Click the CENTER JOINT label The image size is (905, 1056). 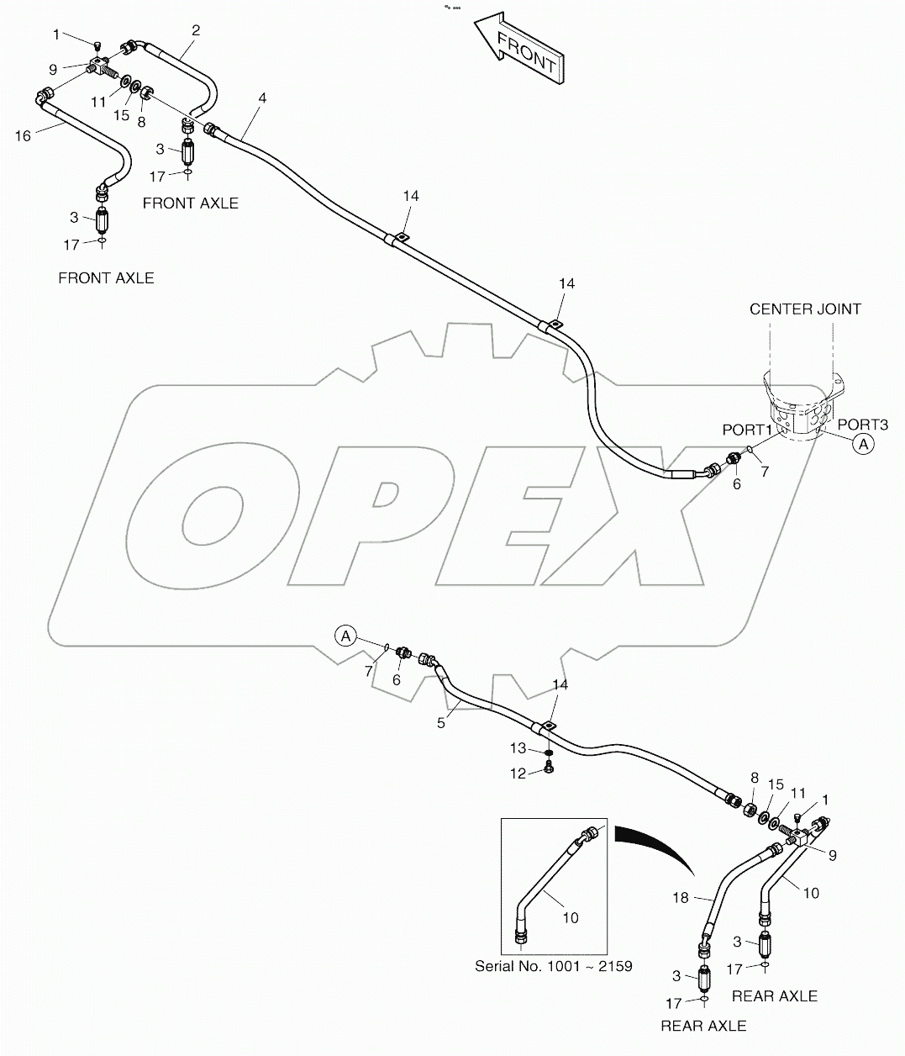click(805, 309)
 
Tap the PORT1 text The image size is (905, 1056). click(746, 430)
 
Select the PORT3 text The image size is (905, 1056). click(861, 425)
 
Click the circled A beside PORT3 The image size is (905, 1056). click(863, 446)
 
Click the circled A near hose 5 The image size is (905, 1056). click(345, 636)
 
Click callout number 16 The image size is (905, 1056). click(23, 135)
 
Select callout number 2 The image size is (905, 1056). click(195, 30)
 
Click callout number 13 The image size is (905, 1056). click(518, 748)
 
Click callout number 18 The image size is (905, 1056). click(681, 897)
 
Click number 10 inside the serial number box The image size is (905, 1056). click(571, 917)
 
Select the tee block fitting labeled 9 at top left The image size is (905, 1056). click(101, 65)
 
